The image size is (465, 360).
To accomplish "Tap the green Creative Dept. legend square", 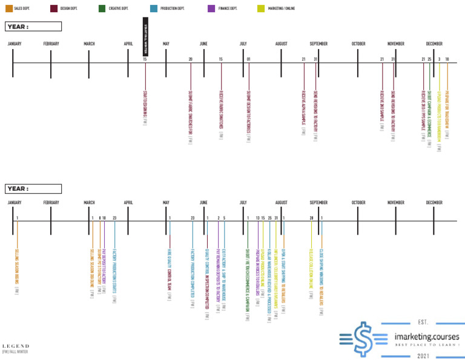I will pyautogui.click(x=102, y=8).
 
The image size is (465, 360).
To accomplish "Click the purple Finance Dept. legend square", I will pyautogui.click(x=211, y=8).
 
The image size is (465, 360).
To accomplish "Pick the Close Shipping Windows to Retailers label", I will pyautogui.click(x=322, y=276).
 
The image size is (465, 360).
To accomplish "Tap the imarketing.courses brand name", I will pyautogui.click(x=426, y=336).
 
